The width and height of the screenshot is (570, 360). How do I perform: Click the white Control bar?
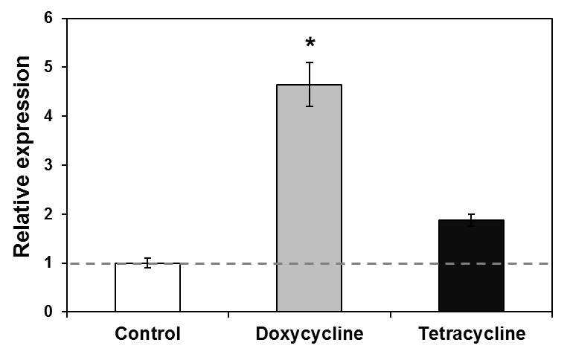click(147, 287)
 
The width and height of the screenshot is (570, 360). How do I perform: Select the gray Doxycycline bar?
click(310, 198)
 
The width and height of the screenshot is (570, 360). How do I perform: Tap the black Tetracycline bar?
click(471, 266)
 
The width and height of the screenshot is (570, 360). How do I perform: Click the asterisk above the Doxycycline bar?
click(310, 43)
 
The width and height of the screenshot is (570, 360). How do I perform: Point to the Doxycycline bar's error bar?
click(310, 84)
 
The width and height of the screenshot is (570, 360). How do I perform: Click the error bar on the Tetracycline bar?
click(472, 220)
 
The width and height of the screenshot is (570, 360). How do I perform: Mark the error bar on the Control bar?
click(147, 263)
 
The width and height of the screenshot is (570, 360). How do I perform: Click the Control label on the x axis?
click(147, 333)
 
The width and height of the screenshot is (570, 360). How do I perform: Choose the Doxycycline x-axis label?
click(310, 334)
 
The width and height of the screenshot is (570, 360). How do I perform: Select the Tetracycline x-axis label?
click(472, 334)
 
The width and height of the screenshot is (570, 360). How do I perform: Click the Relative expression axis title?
click(22, 156)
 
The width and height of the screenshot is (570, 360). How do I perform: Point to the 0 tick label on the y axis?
click(49, 312)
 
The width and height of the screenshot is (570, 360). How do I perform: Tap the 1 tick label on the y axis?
click(49, 263)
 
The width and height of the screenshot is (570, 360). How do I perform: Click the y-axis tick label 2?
click(49, 214)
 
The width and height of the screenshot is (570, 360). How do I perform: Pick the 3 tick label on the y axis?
click(49, 165)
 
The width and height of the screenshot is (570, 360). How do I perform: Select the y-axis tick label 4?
click(49, 116)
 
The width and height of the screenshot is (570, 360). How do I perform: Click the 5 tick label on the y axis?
click(49, 67)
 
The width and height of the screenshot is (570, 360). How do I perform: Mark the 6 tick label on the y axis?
click(49, 18)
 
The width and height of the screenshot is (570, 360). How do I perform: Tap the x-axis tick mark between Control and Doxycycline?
click(228, 314)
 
